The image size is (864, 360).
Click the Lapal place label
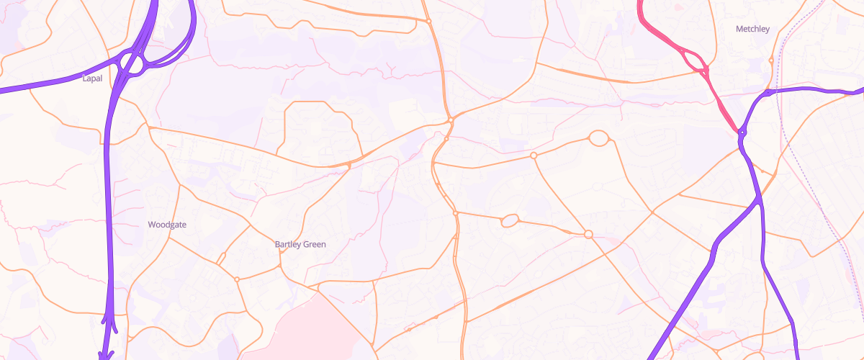(x=92, y=78)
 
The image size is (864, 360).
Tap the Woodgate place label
(x=167, y=225)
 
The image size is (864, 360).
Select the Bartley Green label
(x=300, y=244)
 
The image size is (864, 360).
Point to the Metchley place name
(x=752, y=30)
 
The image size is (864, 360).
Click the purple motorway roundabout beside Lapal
(x=132, y=63)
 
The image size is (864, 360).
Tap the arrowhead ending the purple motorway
(x=107, y=354)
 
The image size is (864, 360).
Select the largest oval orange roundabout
(x=598, y=138)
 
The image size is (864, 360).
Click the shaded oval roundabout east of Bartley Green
(x=510, y=220)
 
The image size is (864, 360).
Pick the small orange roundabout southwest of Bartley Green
(x=236, y=279)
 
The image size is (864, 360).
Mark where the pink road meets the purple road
(x=740, y=132)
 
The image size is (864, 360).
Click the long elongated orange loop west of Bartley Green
(x=221, y=258)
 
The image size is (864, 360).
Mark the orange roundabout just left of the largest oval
(x=534, y=156)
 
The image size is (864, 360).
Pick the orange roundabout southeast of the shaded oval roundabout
(x=588, y=234)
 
